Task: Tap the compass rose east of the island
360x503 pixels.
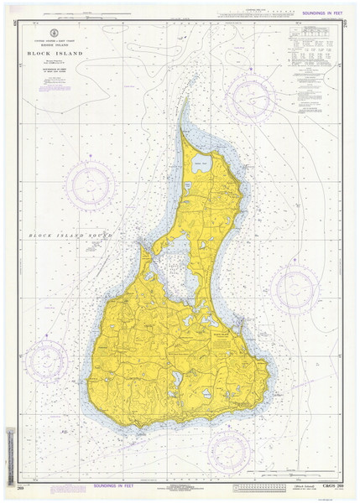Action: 295,288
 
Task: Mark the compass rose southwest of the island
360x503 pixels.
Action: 46,358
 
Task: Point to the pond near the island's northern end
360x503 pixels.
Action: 202,164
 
